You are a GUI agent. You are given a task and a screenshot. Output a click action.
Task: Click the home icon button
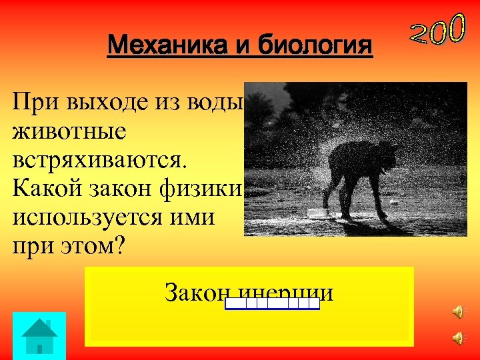39,335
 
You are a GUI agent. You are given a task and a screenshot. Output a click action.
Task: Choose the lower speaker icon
457,339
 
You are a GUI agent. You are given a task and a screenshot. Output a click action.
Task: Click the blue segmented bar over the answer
272,304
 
